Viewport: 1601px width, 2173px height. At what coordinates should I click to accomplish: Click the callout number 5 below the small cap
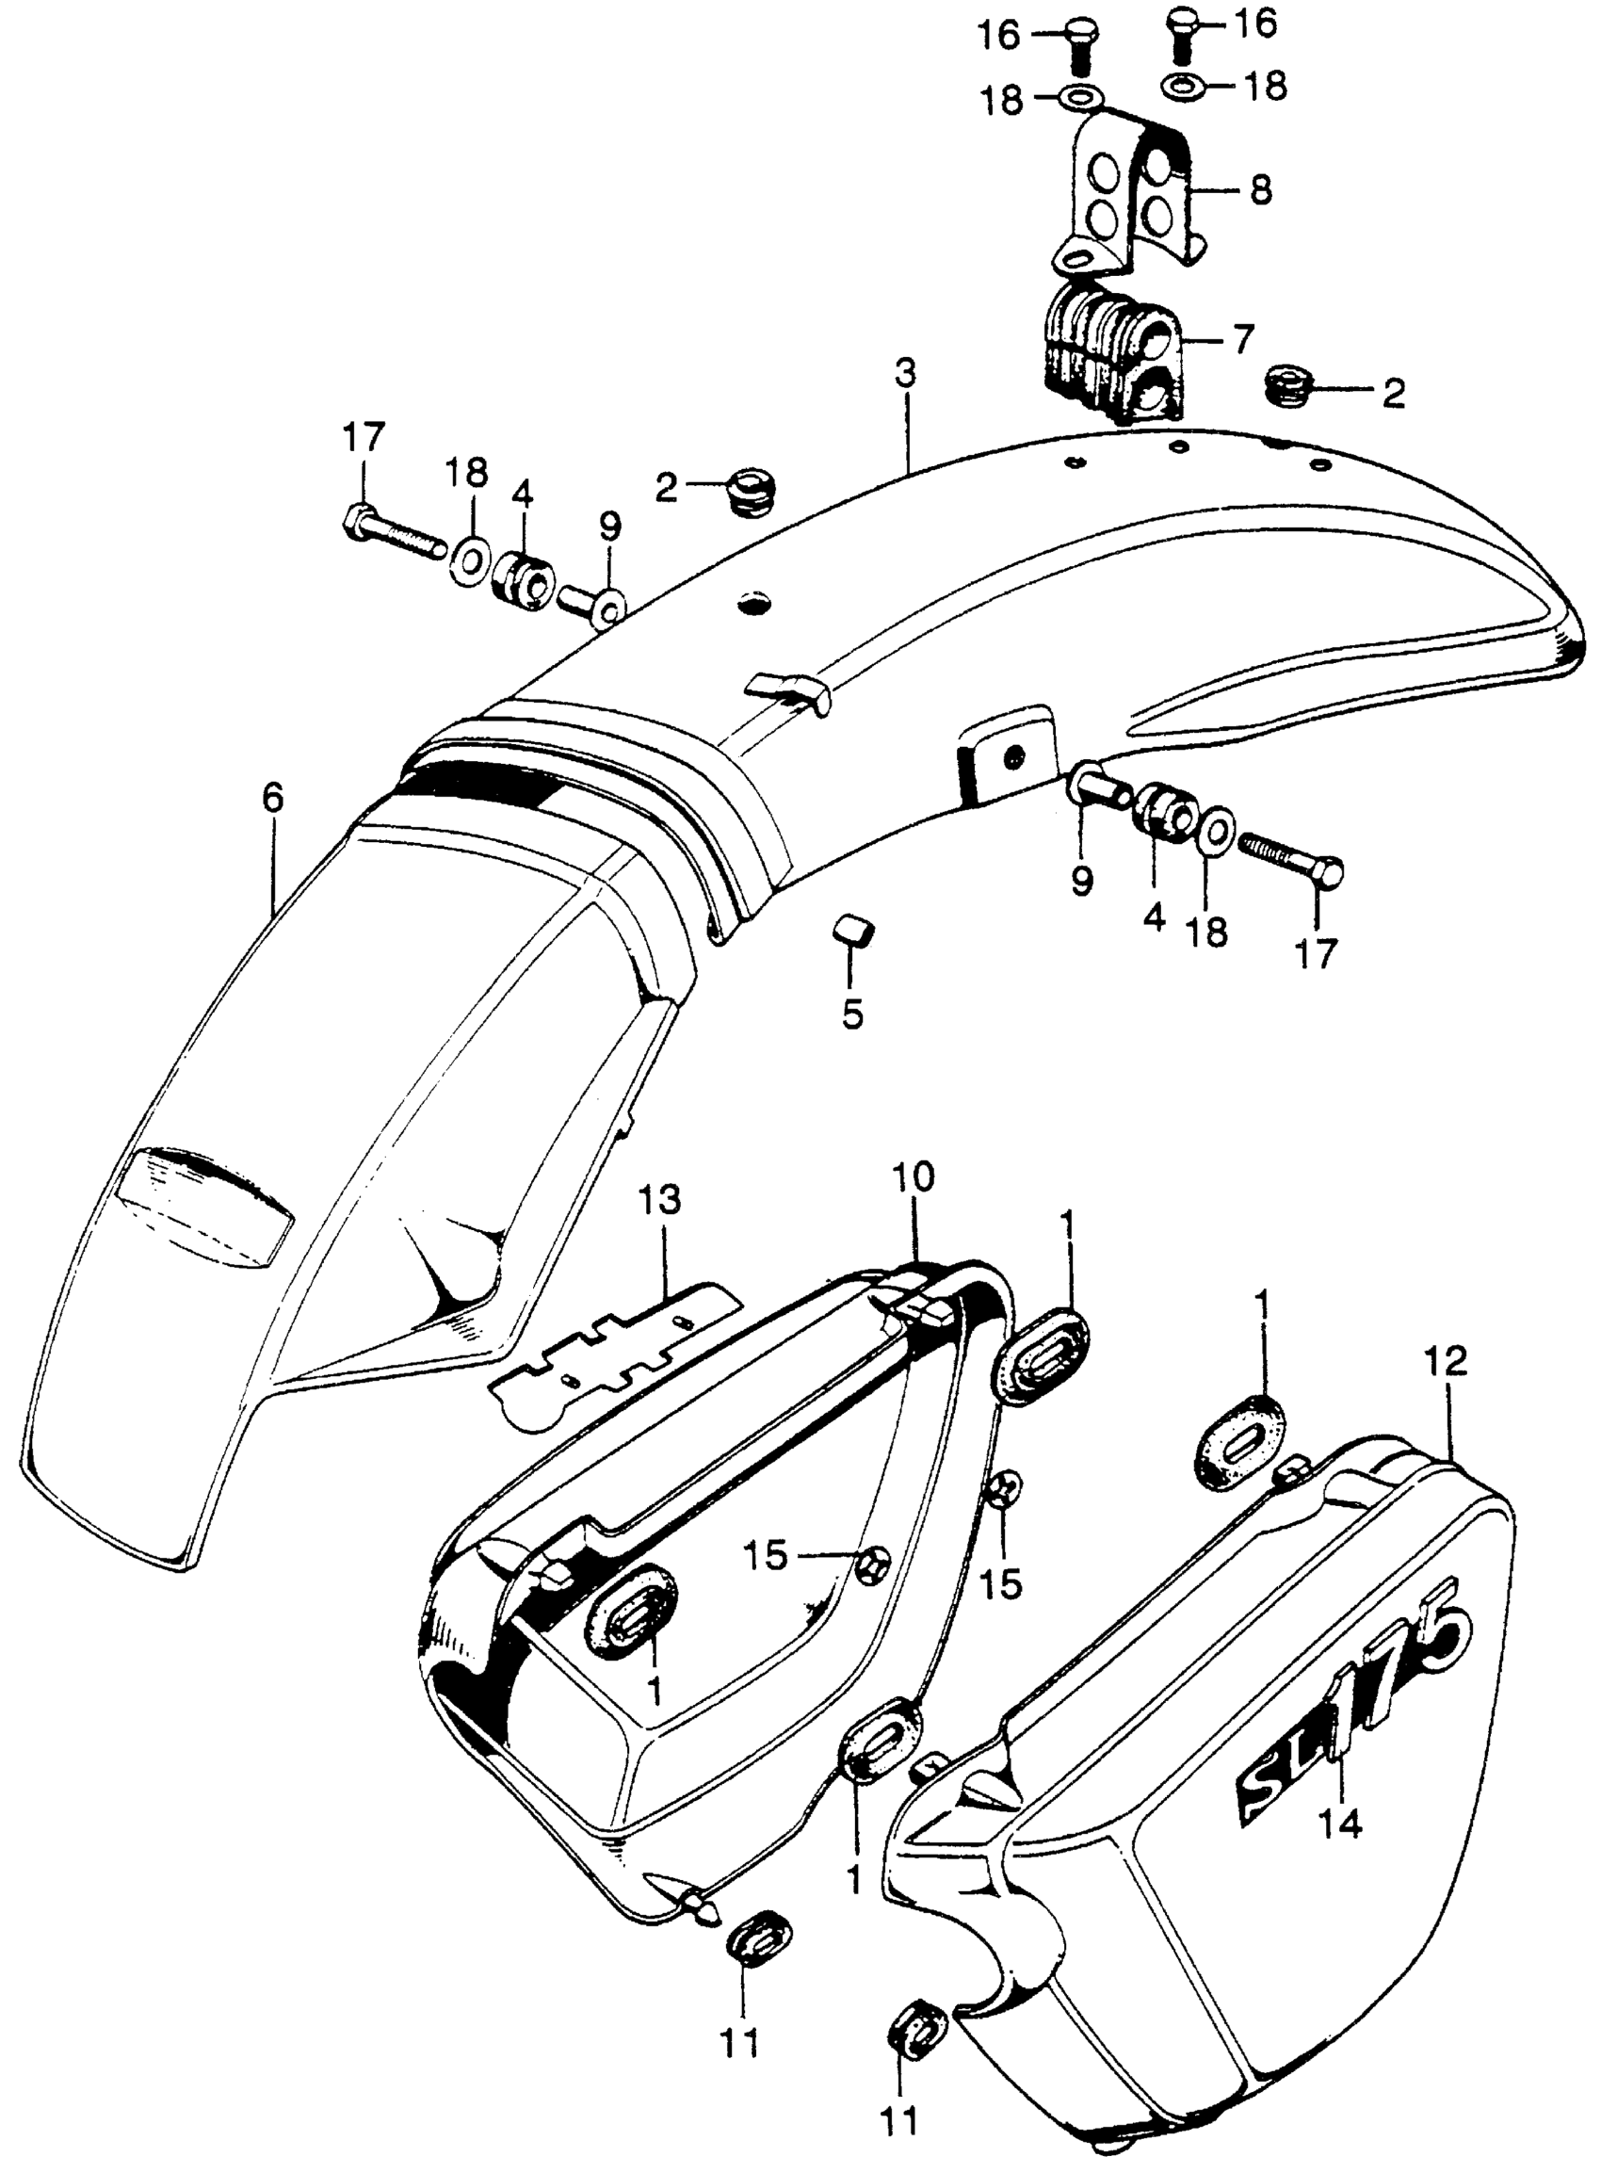click(852, 1015)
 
